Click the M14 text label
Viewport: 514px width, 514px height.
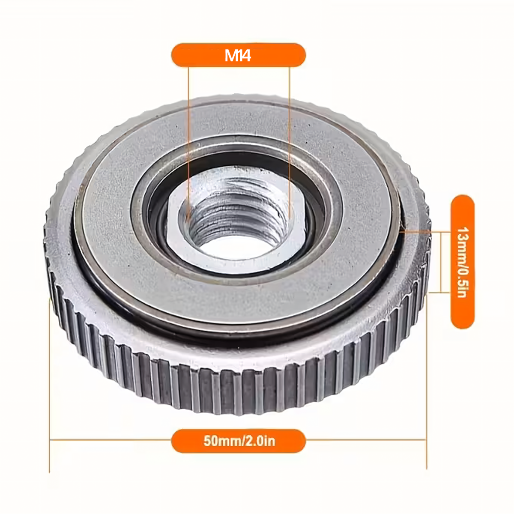[x=238, y=56]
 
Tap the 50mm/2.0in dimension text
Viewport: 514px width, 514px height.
[x=239, y=441]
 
